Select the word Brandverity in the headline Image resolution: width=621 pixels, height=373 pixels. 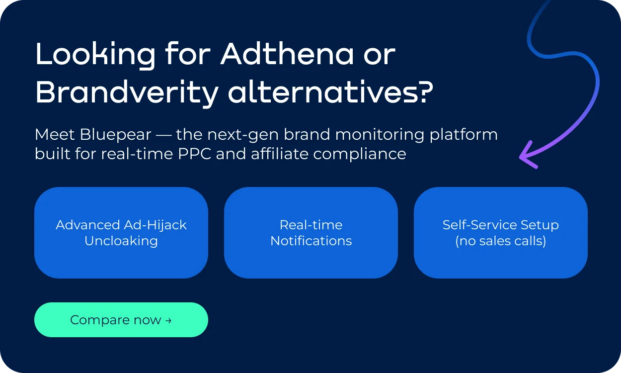coord(127,92)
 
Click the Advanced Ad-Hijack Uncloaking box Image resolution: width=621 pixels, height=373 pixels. coord(121,232)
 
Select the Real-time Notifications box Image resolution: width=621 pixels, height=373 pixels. coord(311,232)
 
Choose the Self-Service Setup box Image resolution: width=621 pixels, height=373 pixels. coord(501,232)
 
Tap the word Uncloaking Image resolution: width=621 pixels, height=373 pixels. coord(121,241)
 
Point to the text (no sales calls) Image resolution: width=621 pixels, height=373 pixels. coord(501,241)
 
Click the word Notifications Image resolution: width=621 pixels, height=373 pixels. coord(311,241)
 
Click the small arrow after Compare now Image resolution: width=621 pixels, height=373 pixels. coord(168,320)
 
